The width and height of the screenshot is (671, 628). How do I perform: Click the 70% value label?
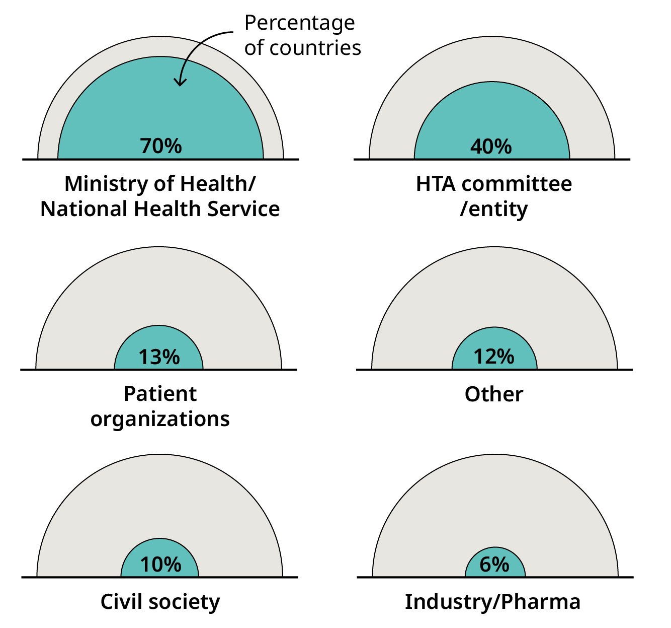coord(161,146)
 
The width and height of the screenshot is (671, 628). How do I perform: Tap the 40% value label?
coord(491,147)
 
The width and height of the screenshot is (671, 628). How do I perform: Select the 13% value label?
coord(159,357)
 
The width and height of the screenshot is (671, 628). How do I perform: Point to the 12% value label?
coord(494,357)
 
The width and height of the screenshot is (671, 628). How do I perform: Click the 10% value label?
coord(160,565)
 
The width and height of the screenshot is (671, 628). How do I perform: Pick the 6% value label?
coord(494,564)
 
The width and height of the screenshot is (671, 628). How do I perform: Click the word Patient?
coord(160,394)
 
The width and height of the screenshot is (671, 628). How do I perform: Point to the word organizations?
coord(160,419)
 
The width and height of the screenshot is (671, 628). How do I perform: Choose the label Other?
coord(494,394)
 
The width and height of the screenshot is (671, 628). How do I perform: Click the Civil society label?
coord(160,602)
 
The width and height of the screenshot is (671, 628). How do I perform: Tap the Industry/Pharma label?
coord(492,602)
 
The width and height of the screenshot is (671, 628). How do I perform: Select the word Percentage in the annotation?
coord(299,23)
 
